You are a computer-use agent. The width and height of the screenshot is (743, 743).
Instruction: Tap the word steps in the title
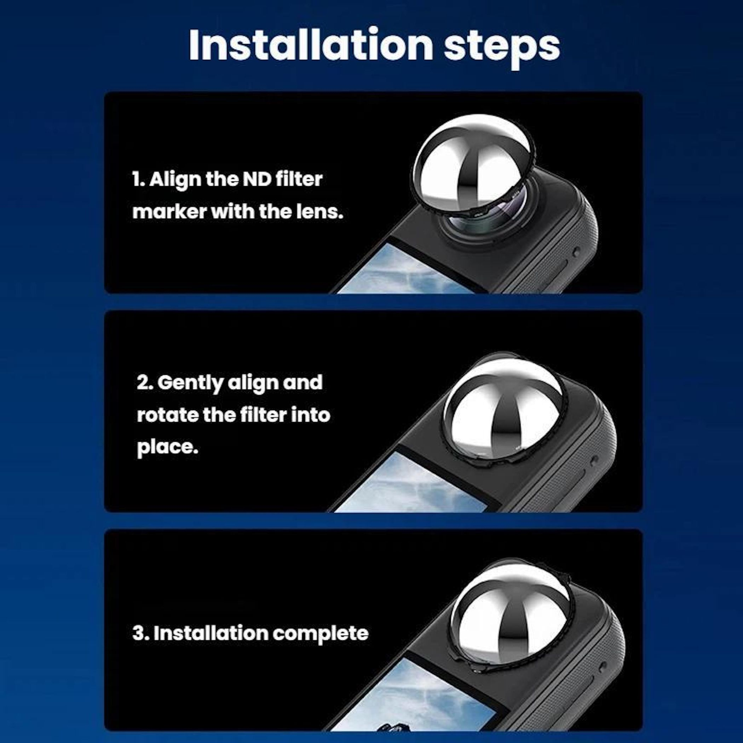(x=502, y=48)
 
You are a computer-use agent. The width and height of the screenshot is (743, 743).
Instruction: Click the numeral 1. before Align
(x=138, y=179)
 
